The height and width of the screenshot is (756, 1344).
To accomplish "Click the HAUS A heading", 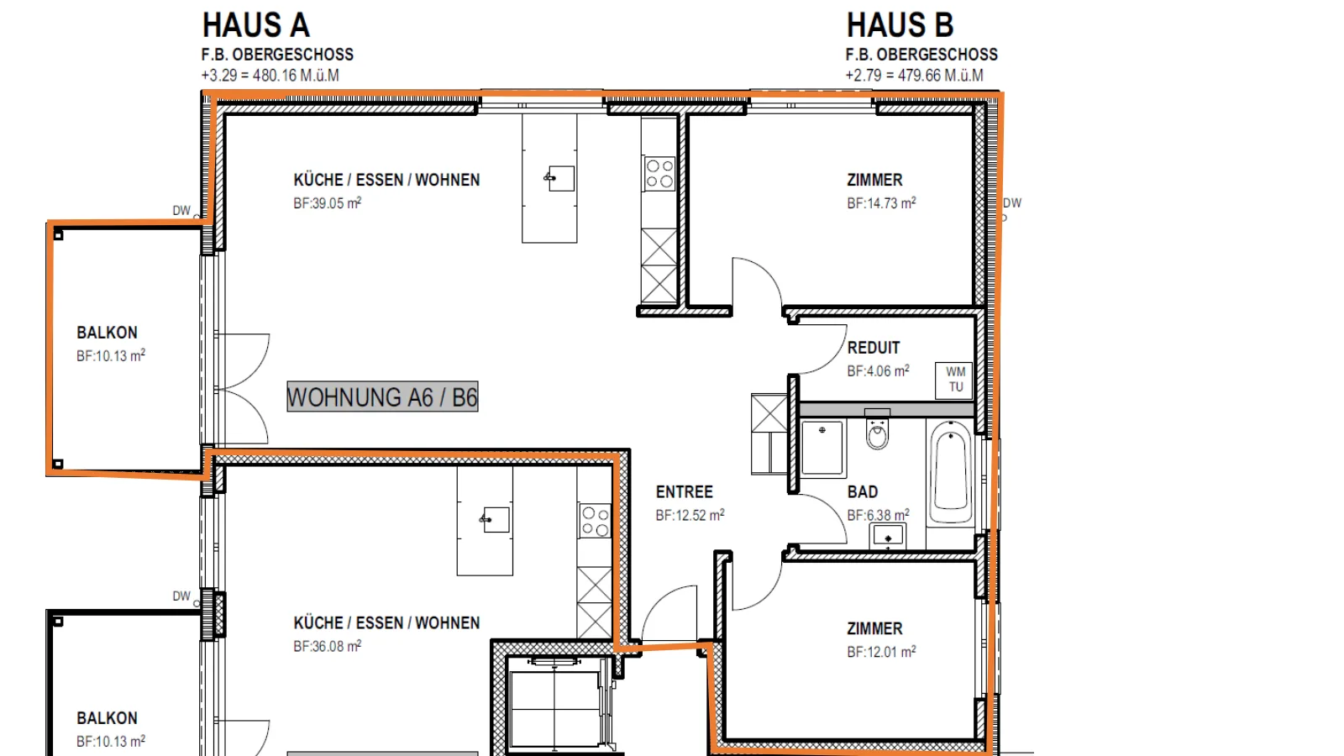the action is tap(255, 25).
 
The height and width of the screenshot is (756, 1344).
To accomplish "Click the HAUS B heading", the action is tap(900, 25).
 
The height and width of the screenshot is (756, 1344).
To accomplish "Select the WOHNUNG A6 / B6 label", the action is tap(382, 396).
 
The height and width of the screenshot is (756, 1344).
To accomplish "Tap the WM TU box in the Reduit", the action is tap(955, 381).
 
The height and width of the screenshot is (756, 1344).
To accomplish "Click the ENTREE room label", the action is tap(684, 492).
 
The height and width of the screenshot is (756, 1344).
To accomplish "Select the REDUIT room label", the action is tap(874, 348).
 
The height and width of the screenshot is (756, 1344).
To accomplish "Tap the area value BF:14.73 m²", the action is tap(881, 202).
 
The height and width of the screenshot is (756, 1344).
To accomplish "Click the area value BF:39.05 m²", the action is tap(327, 202).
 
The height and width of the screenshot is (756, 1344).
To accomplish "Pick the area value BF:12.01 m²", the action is tap(881, 652).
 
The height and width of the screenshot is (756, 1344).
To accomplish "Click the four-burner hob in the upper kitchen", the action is tap(659, 173).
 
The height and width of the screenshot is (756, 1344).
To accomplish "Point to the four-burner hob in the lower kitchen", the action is tap(595, 521).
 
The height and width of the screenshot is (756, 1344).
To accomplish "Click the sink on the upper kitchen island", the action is tap(559, 178).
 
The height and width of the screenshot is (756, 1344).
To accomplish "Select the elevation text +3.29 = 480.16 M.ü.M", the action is tap(270, 76).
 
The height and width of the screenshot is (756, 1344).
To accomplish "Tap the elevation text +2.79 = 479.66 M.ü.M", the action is tap(915, 76).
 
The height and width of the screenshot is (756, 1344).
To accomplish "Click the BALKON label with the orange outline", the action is tap(107, 333).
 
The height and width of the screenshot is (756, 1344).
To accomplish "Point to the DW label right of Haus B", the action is tap(1012, 202).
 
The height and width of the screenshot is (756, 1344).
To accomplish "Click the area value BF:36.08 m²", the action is tap(327, 646).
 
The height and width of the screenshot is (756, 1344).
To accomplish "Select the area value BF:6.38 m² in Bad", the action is tap(878, 515).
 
